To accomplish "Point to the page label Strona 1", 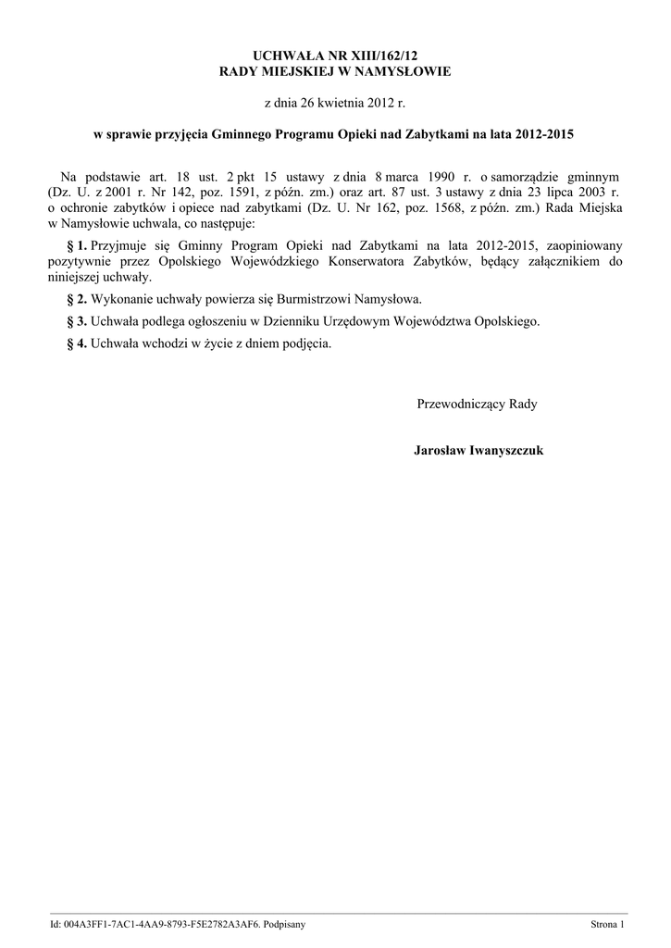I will tap(609, 925).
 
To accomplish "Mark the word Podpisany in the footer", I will tap(285, 925).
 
